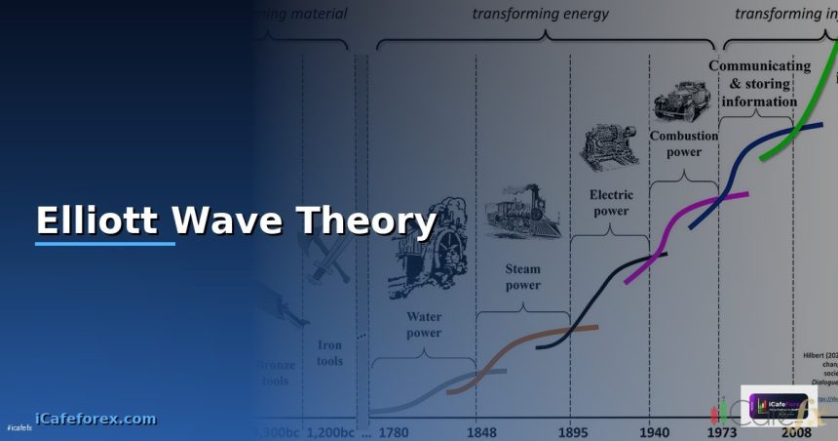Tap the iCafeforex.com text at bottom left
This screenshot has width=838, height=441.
(x=95, y=419)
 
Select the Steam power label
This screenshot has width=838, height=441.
(x=522, y=277)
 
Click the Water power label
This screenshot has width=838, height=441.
(x=423, y=325)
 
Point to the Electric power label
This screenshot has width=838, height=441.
(x=611, y=201)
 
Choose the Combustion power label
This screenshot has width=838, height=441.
(x=683, y=144)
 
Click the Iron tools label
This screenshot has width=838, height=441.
(x=329, y=352)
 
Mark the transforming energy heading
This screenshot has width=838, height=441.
(x=540, y=13)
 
